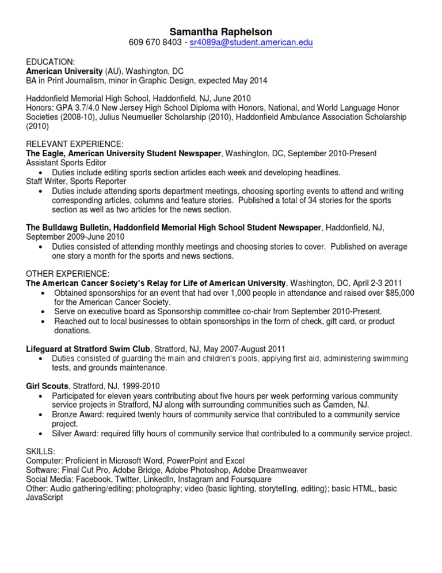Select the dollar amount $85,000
[398, 293]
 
